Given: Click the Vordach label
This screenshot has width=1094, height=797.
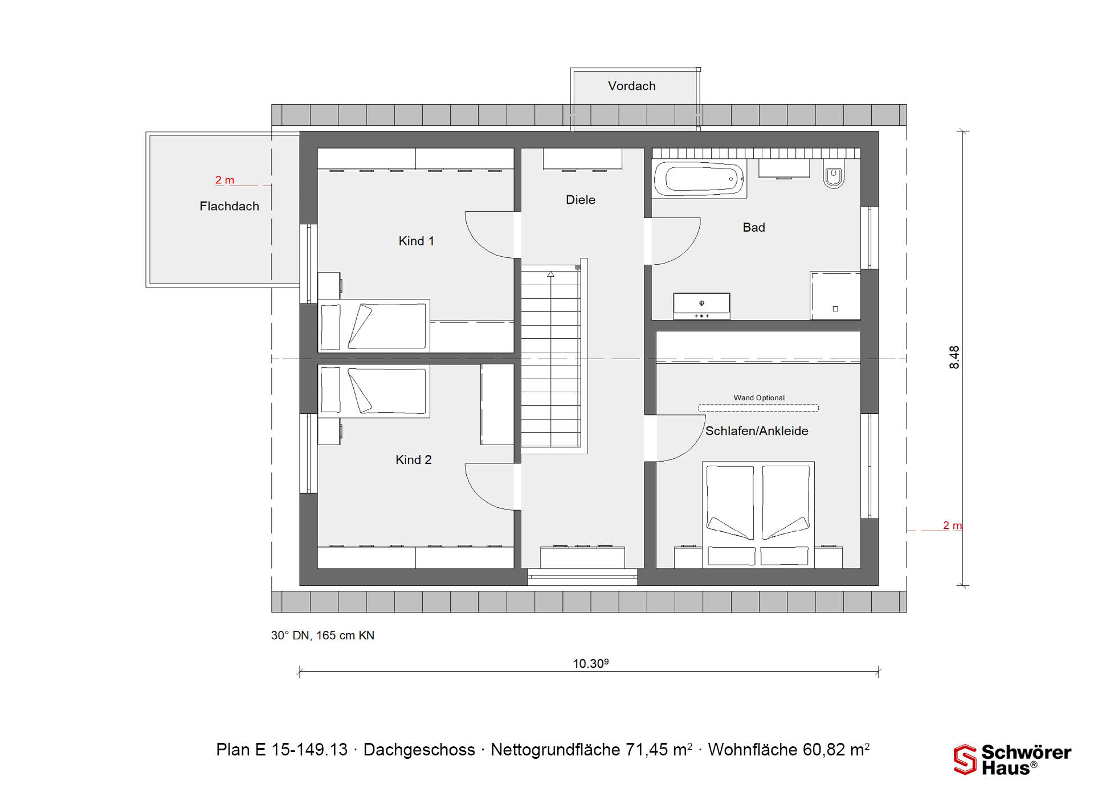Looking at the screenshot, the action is point(631,86).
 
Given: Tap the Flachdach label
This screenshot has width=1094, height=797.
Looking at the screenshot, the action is point(229,206).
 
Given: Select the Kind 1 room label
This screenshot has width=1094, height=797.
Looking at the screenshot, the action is point(416,241).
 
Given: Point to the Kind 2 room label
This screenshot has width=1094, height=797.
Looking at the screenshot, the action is point(414,459).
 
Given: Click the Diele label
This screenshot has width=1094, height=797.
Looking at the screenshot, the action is point(580,200).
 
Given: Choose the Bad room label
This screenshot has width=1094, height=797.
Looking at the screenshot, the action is point(754,227).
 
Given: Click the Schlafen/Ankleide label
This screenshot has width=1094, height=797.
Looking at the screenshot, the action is point(757,431).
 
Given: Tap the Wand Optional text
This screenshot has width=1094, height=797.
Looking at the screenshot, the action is point(759,397).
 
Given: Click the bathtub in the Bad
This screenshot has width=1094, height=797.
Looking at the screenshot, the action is point(699,179).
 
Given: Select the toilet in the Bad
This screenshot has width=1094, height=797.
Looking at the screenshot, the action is point(834,174).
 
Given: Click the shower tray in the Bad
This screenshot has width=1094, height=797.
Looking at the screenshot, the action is point(835,296).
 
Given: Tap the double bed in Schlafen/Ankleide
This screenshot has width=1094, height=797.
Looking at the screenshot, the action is point(758,515).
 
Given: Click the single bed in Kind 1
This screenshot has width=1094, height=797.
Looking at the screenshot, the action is point(373,326).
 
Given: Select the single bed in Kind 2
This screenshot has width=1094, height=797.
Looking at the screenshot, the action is point(373,391).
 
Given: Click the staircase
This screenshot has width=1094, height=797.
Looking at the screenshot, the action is point(551,358).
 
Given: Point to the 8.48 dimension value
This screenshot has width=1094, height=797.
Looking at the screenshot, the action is point(954,358).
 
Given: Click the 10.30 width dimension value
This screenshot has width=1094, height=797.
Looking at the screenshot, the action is point(590,663).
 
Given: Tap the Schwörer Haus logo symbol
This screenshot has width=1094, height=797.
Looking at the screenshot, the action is point(965,759).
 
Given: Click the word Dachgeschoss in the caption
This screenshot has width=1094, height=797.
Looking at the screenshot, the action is point(419,750).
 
